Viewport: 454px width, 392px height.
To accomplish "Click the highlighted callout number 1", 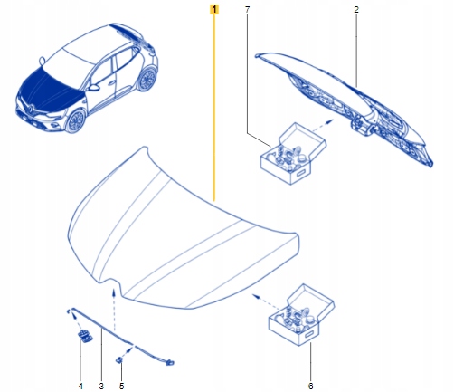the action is click(214, 10).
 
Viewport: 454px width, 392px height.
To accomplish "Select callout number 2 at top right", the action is click(356, 10).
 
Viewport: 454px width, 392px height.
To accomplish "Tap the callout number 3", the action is click(101, 386).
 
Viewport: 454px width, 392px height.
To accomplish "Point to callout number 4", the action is click(80, 386).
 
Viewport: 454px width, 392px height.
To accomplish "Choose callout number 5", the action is click(121, 386).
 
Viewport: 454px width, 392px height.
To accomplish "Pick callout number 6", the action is click(310, 386).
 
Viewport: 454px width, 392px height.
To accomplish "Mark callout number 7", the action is click(247, 10).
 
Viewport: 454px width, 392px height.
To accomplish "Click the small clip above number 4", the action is click(85, 335).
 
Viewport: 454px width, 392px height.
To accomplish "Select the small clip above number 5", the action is click(119, 359).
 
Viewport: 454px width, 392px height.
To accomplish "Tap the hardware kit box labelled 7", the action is click(293, 153).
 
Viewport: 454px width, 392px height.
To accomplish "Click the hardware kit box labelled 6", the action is click(301, 314).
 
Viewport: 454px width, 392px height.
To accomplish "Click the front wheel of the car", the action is click(75, 121).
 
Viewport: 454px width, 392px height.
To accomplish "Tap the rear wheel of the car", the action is click(147, 79).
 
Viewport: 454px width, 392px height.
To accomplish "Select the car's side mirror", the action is click(94, 88).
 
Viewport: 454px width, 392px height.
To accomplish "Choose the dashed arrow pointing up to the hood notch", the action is click(114, 310).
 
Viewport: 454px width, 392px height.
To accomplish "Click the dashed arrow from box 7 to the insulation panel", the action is click(322, 125).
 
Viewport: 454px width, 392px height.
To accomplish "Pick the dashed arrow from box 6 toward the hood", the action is click(266, 301).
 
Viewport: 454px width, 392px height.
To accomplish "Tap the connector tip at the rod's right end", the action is click(170, 362).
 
